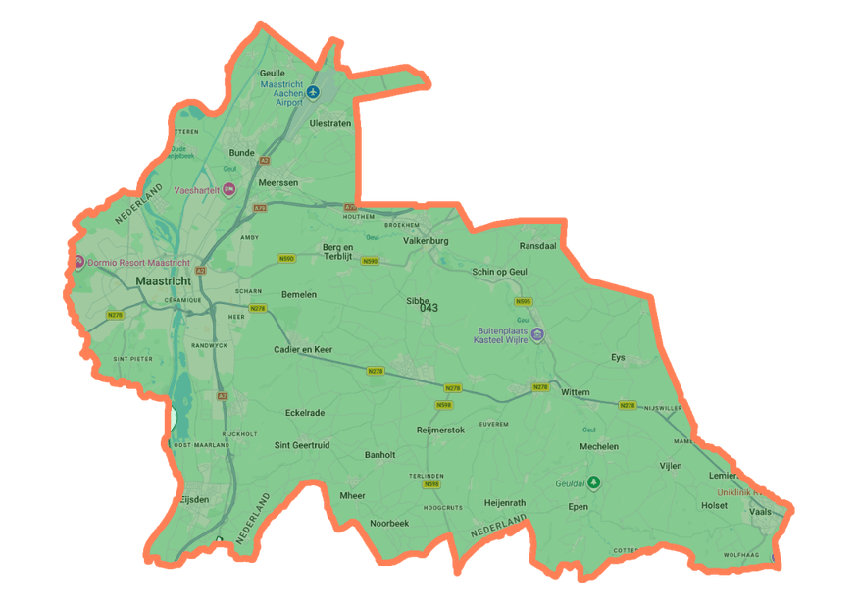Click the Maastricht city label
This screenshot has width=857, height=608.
pyautogui.click(x=164, y=281)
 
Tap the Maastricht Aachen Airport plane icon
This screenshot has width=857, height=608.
pyautogui.click(x=314, y=92)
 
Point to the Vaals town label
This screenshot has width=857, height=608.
pyautogui.click(x=760, y=512)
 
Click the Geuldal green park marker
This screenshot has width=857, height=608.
pyautogui.click(x=593, y=483)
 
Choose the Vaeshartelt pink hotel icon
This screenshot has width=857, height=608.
pyautogui.click(x=229, y=190)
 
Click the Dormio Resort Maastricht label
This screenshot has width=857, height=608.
pyautogui.click(x=138, y=263)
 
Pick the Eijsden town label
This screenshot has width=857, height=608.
pyautogui.click(x=195, y=499)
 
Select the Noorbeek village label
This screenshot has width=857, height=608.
pyautogui.click(x=389, y=524)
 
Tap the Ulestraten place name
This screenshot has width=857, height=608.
pyautogui.click(x=329, y=124)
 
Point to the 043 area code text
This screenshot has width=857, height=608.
pyautogui.click(x=428, y=308)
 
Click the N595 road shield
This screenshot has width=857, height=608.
pyautogui.click(x=524, y=302)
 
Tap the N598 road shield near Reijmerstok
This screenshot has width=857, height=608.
pyautogui.click(x=444, y=404)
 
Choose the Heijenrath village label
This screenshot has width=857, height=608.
pyautogui.click(x=505, y=503)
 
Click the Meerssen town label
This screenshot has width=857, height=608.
pyautogui.click(x=277, y=183)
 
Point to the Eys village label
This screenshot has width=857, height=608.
pyautogui.click(x=617, y=358)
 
